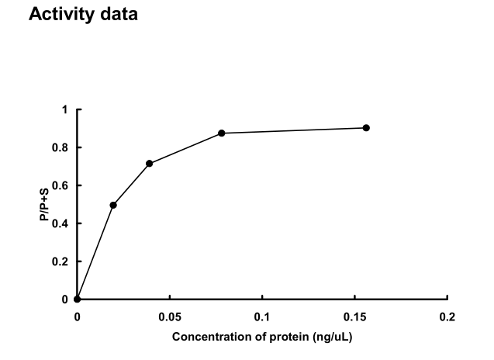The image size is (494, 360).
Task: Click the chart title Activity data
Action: pos(83,15)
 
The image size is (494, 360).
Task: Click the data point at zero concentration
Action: pos(77,299)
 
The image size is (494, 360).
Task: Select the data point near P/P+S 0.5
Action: pos(113,205)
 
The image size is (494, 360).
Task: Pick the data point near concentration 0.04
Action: pos(149,164)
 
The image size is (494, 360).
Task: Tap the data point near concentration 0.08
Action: pos(222,133)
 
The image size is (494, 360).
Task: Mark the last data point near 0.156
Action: pos(366,128)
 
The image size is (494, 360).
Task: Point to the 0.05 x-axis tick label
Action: pos(169,317)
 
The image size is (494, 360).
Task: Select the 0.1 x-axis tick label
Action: pos(262,317)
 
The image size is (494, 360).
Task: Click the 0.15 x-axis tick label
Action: pos(354,317)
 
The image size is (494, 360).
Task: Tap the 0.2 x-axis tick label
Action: pos(447,317)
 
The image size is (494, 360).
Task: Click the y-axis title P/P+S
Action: pos(46,205)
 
